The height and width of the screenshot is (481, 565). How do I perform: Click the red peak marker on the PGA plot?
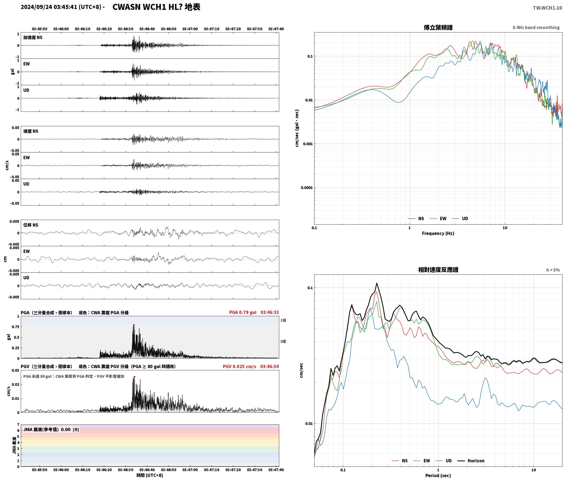134,325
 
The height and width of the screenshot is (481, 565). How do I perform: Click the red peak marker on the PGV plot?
134,377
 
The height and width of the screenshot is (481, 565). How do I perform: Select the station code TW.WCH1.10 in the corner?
547,8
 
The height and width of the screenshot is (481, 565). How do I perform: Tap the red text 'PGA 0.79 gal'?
243,312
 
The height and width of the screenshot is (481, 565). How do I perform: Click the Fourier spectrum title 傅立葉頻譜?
438,27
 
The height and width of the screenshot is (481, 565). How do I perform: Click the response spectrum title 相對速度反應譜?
438,270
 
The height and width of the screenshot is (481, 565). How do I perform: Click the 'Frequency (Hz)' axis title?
438,233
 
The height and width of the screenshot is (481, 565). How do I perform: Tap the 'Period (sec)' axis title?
438,476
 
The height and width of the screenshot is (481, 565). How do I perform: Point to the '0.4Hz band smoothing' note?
536,28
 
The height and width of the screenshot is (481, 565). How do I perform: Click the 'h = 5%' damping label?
553,270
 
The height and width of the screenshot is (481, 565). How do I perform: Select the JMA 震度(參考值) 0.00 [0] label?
51,430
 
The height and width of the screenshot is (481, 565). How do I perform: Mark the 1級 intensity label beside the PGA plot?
283,320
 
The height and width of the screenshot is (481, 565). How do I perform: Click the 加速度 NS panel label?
33,37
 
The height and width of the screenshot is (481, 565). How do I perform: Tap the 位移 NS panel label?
31,225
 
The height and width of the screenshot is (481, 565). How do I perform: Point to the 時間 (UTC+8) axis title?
150,475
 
